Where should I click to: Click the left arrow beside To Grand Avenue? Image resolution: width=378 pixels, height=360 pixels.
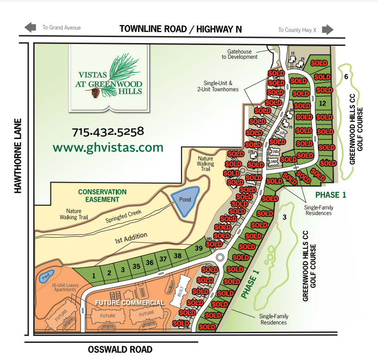[31, 28]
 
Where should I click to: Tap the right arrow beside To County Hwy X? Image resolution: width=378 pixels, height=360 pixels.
[328, 30]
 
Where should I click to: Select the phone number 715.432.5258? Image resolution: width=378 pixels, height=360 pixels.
[108, 132]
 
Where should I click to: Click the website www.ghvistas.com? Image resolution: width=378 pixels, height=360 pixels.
[108, 147]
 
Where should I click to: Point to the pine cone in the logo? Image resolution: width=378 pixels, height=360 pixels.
[96, 93]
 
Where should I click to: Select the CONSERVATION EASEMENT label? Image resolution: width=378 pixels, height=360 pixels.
[102, 195]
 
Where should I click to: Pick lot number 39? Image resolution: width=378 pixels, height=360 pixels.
[199, 249]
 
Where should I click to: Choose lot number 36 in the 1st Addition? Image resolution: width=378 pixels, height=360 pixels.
[149, 262]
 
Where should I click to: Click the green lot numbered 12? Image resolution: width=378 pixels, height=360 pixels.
[323, 103]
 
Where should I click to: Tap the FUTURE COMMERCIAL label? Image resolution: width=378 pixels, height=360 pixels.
[129, 303]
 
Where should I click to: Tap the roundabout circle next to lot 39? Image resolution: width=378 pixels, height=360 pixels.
[220, 257]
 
